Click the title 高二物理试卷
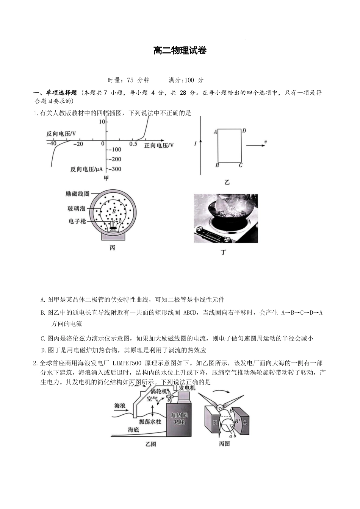(180, 51)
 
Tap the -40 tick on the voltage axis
(52, 144)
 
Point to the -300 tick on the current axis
(114, 169)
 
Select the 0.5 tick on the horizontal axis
(133, 144)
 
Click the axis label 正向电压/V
(159, 145)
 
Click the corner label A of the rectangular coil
(215, 132)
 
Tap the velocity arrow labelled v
(256, 145)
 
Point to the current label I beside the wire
(195, 144)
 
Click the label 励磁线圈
(77, 194)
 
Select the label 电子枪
(77, 221)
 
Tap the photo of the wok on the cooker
(225, 218)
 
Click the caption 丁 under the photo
(223, 252)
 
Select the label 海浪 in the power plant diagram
(120, 406)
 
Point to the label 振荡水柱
(150, 422)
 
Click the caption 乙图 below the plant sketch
(150, 444)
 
